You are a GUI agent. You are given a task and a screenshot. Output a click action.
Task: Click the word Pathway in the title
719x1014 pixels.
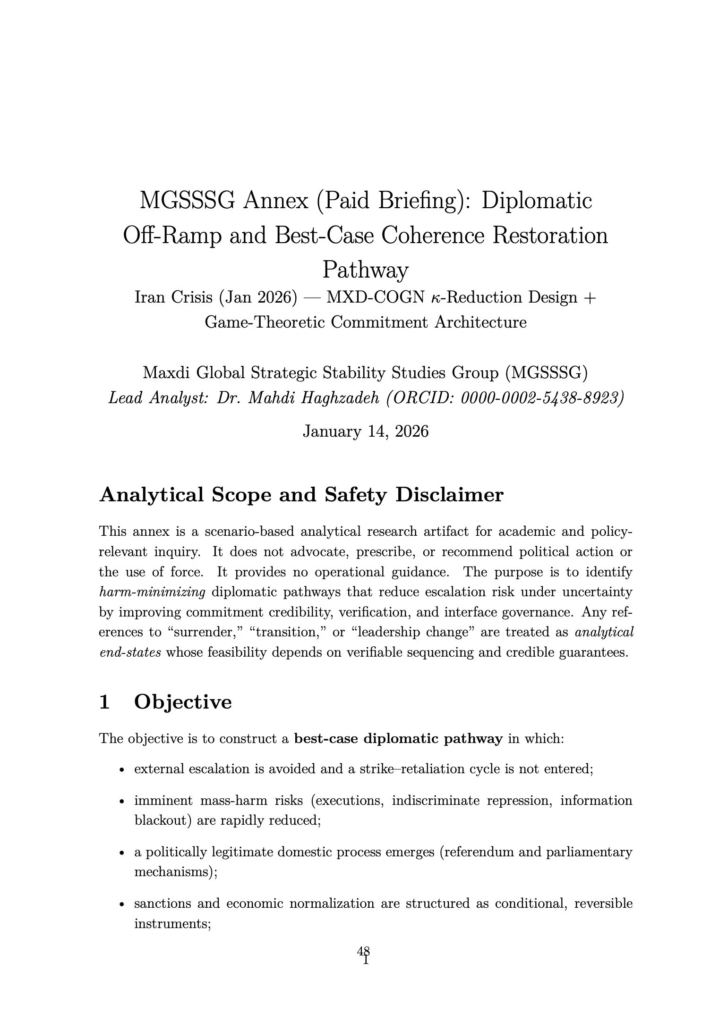365,270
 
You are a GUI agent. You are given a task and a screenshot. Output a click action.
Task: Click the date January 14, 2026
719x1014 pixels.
365,431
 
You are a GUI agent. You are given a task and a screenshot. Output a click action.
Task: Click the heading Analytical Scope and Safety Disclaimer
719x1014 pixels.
301,495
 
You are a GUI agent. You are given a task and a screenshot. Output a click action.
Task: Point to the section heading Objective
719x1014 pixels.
183,702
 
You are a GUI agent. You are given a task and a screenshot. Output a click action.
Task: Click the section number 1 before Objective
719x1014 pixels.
104,702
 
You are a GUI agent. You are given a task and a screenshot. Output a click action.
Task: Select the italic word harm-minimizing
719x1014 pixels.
152,592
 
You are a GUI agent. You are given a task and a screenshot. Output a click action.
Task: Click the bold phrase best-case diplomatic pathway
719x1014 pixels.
398,738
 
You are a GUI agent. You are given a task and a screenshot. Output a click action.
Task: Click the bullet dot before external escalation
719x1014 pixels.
122,770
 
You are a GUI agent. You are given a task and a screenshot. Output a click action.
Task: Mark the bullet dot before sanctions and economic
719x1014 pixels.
122,904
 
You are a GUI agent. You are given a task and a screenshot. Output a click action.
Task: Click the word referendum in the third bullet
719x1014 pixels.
478,852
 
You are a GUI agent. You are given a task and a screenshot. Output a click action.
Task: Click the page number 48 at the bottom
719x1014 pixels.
363,950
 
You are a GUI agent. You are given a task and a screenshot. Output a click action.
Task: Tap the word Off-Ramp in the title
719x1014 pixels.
172,236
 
